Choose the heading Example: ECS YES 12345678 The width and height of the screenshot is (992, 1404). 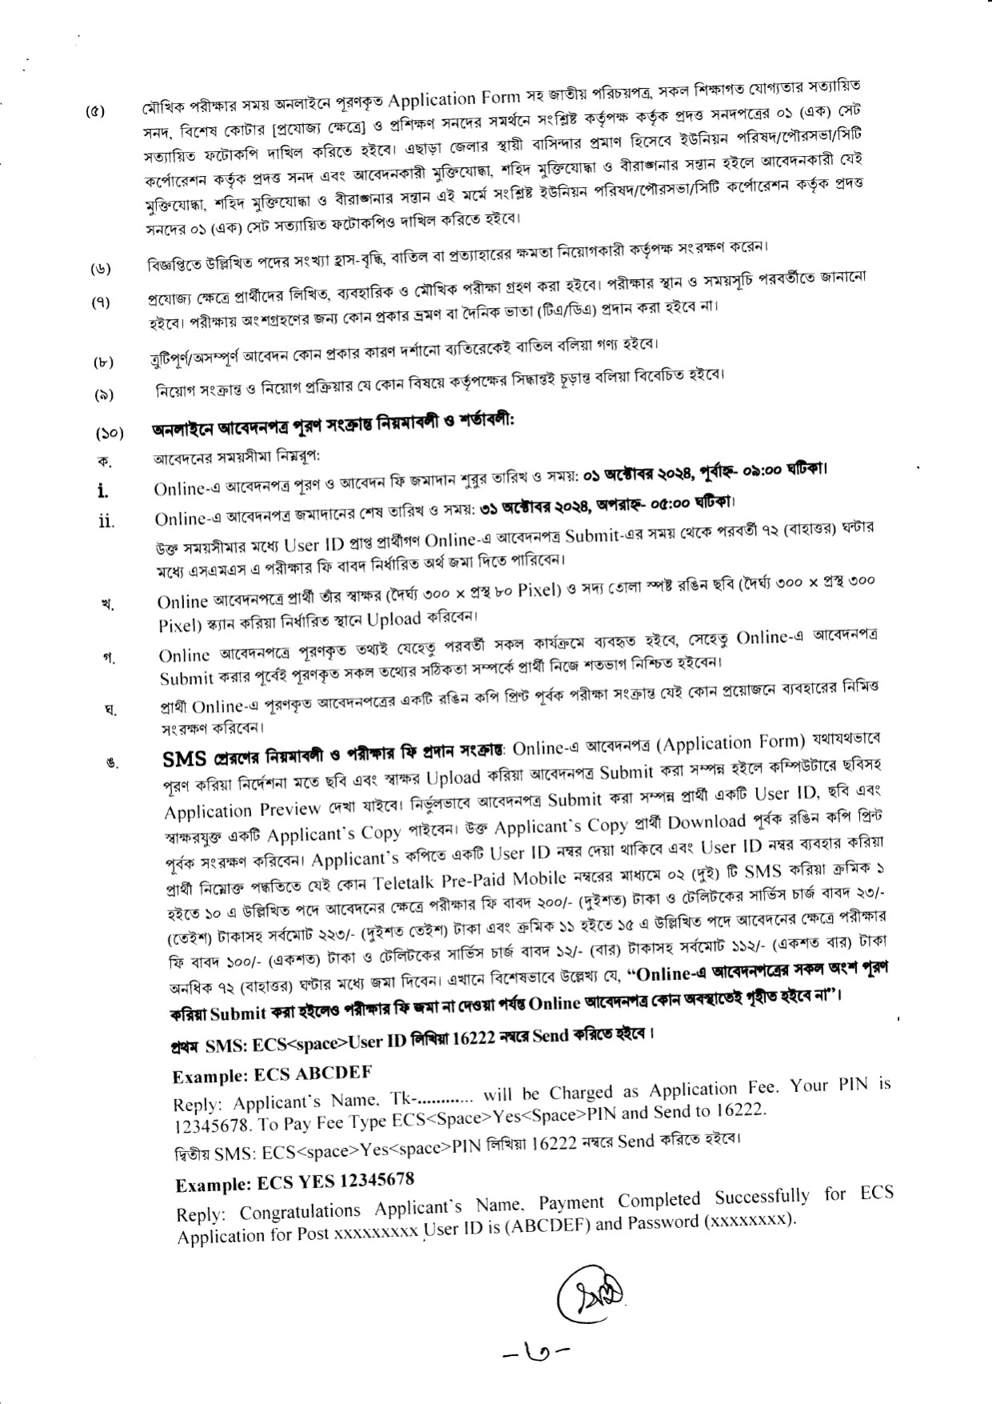pyautogui.click(x=294, y=1182)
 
